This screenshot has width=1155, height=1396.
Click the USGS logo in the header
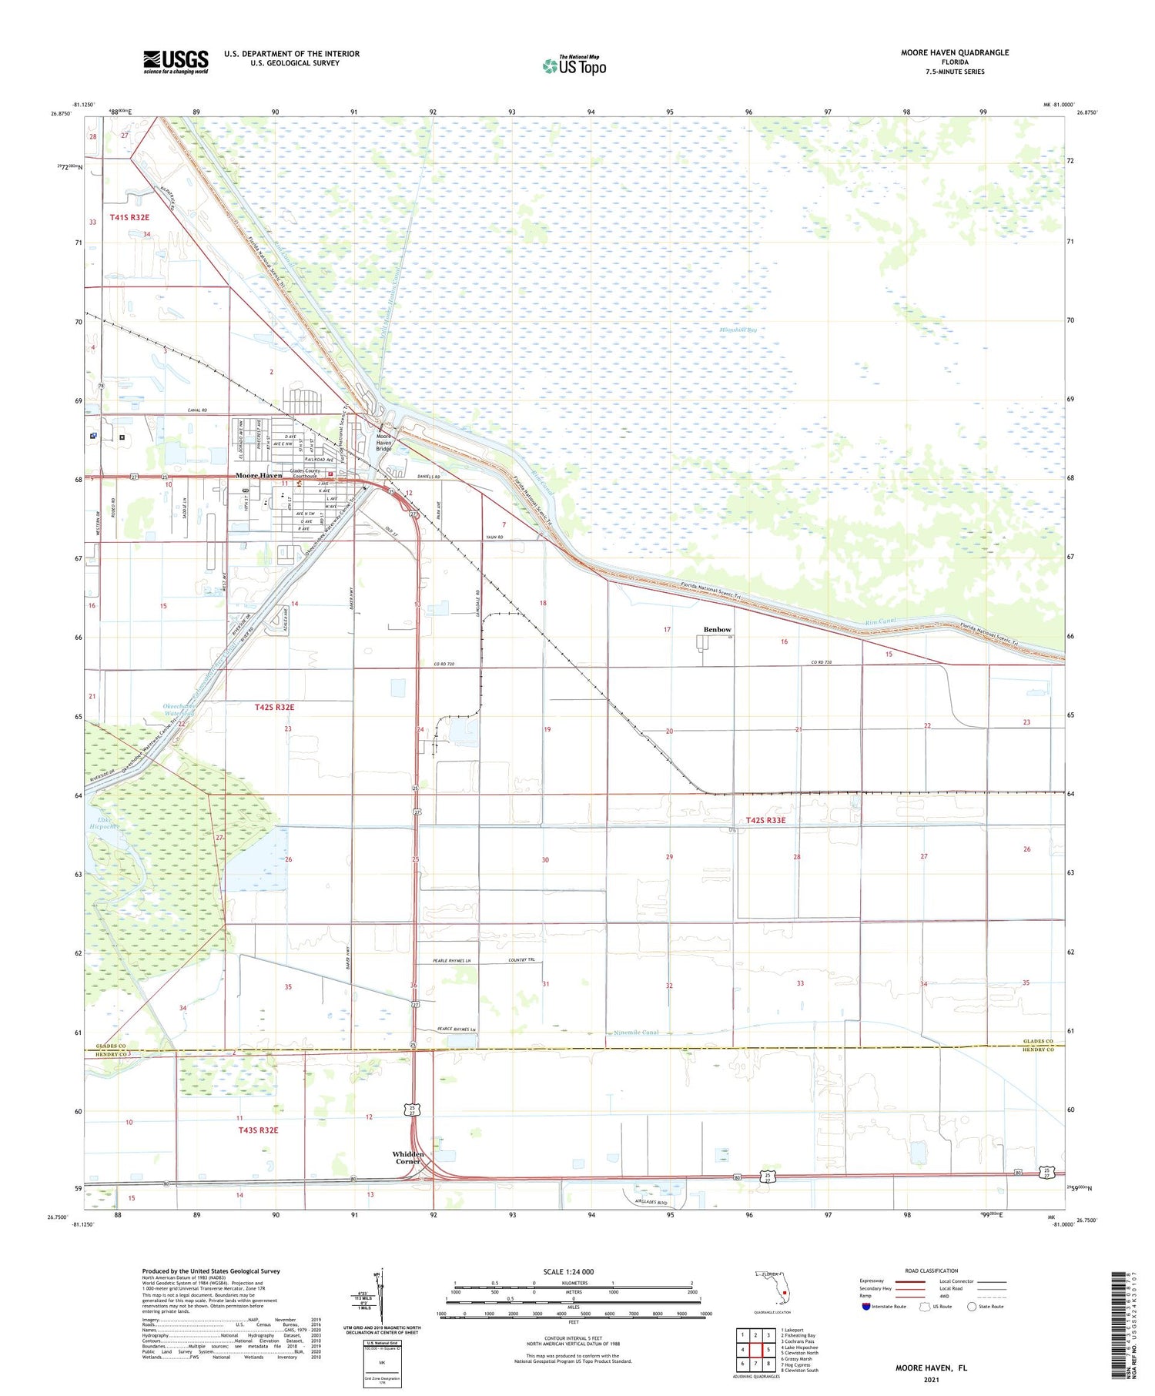[x=176, y=62]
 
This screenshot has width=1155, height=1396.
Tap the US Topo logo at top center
[x=574, y=66]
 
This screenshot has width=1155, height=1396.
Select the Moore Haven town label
[x=258, y=476]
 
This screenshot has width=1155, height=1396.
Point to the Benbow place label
[x=717, y=630]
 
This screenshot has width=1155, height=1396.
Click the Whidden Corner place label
[x=408, y=1157]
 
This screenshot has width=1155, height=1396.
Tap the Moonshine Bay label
[x=738, y=330]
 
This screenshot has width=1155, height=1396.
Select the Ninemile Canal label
[x=635, y=1033]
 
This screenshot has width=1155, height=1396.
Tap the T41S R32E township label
[x=129, y=218]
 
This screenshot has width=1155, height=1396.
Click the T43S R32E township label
[x=257, y=1130]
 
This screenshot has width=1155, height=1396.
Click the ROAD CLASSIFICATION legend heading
[x=932, y=1271]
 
